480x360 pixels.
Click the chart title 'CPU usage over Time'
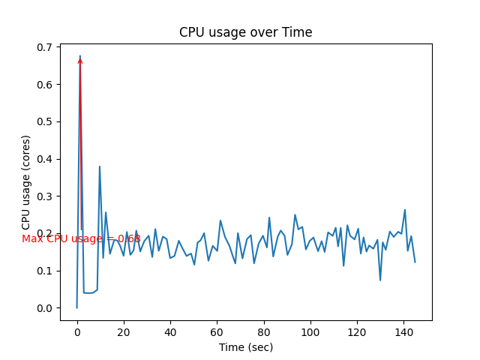coord(245,32)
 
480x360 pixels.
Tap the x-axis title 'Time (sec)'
coord(245,347)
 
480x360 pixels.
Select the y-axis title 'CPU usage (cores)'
coord(26,182)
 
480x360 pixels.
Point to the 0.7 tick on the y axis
coord(45,47)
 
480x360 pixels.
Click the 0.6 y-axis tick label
coord(45,85)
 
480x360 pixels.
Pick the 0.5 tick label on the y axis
coord(45,121)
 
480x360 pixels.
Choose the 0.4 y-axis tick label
coord(45,159)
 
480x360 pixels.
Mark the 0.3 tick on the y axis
coord(45,196)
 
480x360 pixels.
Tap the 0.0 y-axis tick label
coord(45,308)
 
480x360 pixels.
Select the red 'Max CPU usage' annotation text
coord(81,238)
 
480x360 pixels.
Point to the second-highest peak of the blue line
coord(99,166)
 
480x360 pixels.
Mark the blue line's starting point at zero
coord(77,307)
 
